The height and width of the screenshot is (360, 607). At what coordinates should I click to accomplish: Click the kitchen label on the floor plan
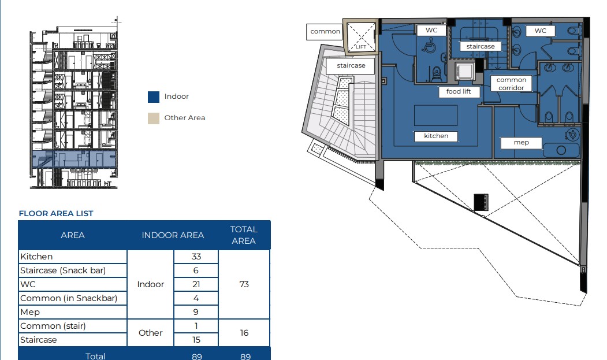436,136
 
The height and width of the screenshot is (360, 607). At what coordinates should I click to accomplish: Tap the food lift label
459,91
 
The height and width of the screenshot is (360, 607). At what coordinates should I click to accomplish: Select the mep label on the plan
521,143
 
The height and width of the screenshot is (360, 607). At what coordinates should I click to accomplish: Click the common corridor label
511,84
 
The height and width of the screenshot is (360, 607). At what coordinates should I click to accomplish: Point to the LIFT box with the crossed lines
360,37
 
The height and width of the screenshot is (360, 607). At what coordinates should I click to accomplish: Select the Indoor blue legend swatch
154,97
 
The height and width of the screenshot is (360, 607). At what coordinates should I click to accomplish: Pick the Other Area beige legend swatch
154,118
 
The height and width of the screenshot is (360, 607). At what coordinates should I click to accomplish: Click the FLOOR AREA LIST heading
56,214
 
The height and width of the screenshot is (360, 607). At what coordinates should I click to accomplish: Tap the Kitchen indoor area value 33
196,257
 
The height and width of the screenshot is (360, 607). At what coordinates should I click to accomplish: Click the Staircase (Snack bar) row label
63,270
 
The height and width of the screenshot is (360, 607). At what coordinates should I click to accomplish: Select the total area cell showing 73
244,284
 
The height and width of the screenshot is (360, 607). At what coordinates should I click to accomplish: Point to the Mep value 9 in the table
196,312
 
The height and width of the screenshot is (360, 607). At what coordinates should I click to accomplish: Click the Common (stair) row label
53,326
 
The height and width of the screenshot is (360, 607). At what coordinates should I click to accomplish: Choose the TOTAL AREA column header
244,235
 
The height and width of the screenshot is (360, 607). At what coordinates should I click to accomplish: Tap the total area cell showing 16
244,333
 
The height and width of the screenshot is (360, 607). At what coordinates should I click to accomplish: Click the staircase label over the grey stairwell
351,65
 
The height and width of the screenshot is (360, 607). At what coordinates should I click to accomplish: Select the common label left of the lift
325,32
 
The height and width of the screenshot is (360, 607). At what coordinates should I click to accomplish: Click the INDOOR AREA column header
173,235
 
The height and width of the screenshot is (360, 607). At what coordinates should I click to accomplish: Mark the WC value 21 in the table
196,284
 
